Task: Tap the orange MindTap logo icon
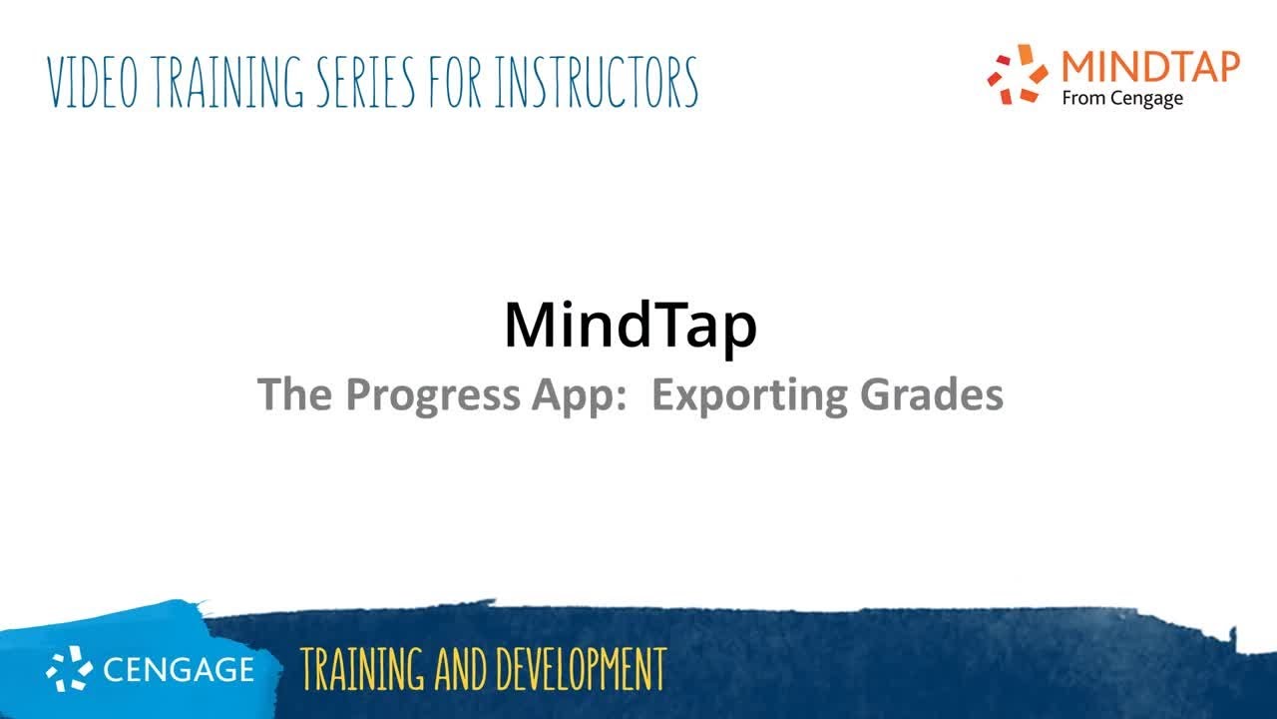tap(1018, 74)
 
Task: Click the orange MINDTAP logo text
tap(1150, 66)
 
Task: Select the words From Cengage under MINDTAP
tap(1122, 98)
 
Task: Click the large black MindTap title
tap(631, 325)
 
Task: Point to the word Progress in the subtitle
tap(432, 395)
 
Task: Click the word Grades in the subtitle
tap(928, 395)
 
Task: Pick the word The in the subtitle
tap(296, 395)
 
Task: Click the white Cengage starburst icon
tap(70, 668)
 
